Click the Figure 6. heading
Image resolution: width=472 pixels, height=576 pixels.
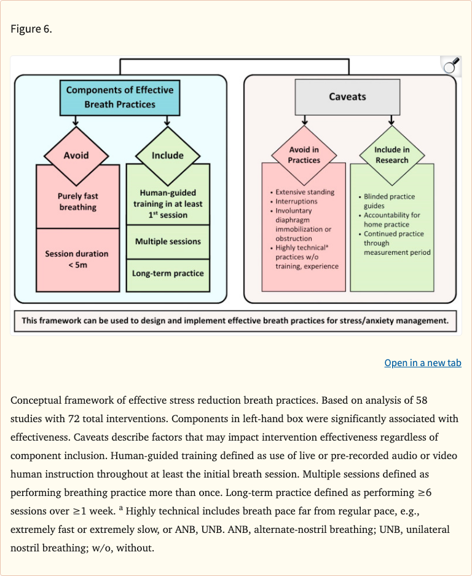pyautogui.click(x=31, y=30)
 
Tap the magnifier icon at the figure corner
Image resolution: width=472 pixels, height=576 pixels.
pyautogui.click(x=451, y=65)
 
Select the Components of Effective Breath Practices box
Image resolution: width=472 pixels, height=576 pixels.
pyautogui.click(x=120, y=97)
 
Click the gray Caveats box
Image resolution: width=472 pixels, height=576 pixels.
pyautogui.click(x=347, y=97)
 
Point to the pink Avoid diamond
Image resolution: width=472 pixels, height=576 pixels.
pyautogui.click(x=76, y=156)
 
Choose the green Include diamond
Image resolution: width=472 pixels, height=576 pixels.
pyautogui.click(x=168, y=156)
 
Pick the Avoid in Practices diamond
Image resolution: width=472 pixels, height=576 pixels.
pyautogui.click(x=304, y=155)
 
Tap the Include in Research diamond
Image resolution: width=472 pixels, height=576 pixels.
pyautogui.click(x=391, y=155)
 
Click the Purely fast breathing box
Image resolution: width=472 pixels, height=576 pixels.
pyautogui.click(x=78, y=202)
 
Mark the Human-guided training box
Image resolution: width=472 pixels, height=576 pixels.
pyautogui.click(x=168, y=204)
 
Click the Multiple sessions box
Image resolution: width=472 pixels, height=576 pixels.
pyautogui.click(x=168, y=241)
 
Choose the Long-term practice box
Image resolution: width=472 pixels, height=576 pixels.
pyautogui.click(x=168, y=273)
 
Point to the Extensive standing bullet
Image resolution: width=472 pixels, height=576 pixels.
pyautogui.click(x=305, y=192)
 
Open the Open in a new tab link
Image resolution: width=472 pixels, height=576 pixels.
pyautogui.click(x=423, y=362)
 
